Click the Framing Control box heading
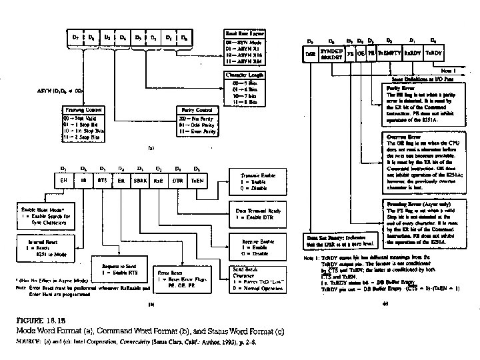coord(83,109)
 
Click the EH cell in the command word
coord(64,180)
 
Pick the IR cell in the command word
coord(83,180)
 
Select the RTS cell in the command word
coord(102,180)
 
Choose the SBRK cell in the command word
coord(141,180)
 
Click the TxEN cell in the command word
coord(197,180)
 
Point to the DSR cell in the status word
coord(310,53)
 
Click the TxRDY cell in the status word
coord(434,53)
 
